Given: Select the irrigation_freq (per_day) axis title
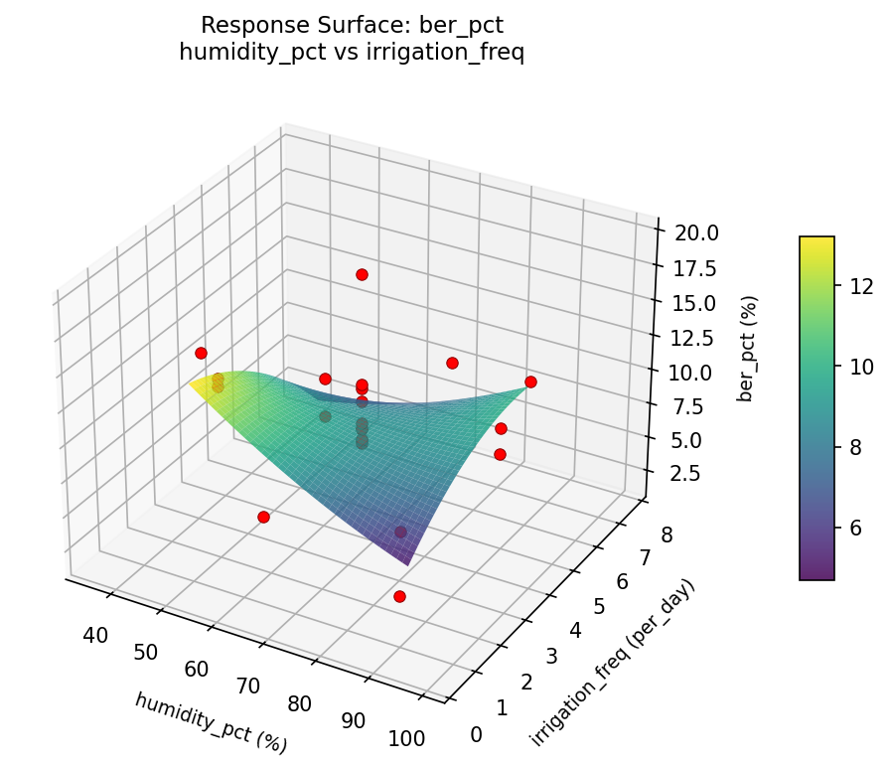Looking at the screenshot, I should (x=612, y=662).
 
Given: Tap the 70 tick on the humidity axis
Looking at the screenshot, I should (x=247, y=686).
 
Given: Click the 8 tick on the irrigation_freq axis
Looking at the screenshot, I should (x=667, y=536).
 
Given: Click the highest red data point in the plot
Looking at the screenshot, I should (x=362, y=274).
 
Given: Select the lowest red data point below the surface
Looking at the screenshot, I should (x=399, y=596).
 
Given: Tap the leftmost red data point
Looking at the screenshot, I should (x=201, y=353).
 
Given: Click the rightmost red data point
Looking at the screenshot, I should (x=530, y=382).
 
